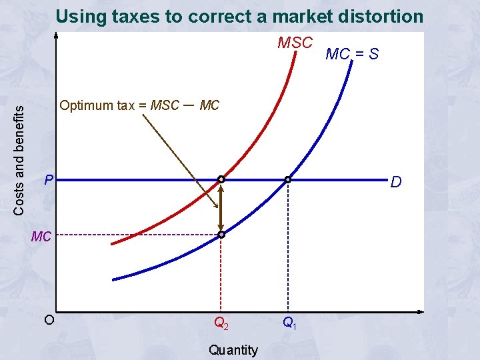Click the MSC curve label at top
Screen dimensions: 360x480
tap(295, 43)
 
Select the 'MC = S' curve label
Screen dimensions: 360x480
tap(351, 54)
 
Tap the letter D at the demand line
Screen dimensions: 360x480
tap(396, 181)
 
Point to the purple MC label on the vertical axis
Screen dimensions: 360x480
tap(41, 236)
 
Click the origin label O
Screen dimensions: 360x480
tap(49, 319)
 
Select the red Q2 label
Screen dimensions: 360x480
tap(221, 324)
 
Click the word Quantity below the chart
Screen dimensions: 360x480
tap(233, 349)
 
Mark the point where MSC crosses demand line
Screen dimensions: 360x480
tap(221, 179)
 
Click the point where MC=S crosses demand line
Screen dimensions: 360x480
tap(288, 179)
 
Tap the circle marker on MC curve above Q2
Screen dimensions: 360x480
tap(221, 235)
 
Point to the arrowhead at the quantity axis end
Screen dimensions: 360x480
tap(421, 312)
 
